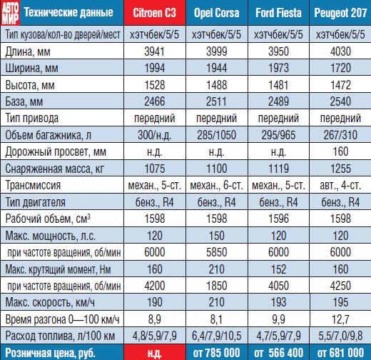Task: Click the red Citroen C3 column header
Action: (155, 13)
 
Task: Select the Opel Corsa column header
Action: (217, 13)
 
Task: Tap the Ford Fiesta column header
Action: (278, 13)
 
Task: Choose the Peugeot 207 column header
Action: (340, 13)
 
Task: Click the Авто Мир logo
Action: (11, 13)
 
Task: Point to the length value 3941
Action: (155, 51)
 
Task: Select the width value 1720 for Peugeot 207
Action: (340, 68)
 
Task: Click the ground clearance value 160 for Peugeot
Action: (340, 151)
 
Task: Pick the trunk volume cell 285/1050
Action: (217, 135)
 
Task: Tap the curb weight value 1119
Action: (278, 169)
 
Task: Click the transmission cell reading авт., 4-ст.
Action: (340, 185)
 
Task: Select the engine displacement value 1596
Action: (278, 219)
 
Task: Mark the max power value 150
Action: (217, 236)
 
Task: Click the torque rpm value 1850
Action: (217, 286)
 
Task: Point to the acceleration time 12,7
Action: (340, 319)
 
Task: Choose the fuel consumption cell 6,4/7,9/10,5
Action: (217, 336)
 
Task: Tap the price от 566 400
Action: (278, 353)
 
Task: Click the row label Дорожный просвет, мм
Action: (56, 152)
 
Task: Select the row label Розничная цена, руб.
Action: (50, 353)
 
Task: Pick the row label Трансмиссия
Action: (33, 185)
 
